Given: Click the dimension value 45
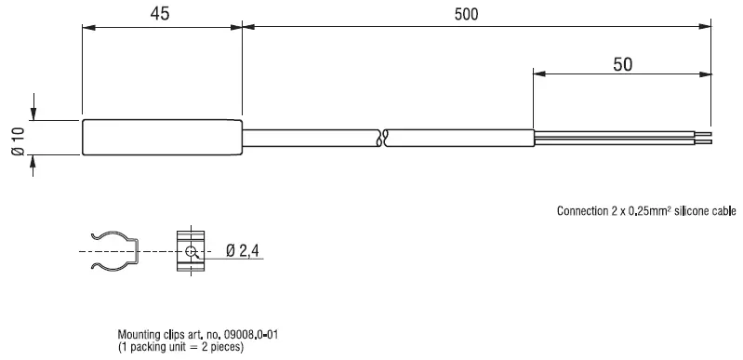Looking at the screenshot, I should point(161,14).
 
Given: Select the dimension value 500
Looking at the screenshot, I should point(474,14).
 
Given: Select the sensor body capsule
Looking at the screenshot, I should point(162,138).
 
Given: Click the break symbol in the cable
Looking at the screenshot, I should point(383,139).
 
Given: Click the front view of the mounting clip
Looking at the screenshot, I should point(190,251).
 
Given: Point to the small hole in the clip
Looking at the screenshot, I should point(191,252).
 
